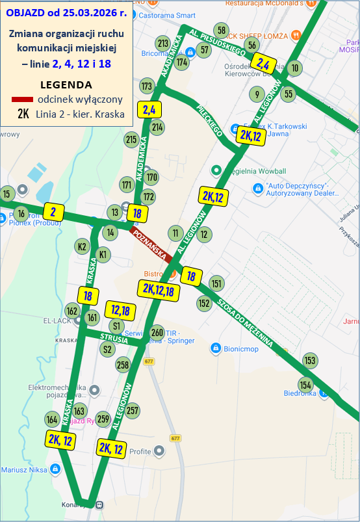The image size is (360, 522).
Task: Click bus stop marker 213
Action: click(163, 44)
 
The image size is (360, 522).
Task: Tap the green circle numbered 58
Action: click(222, 31)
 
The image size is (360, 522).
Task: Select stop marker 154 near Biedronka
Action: click(305, 384)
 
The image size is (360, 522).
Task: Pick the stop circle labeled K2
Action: click(82, 246)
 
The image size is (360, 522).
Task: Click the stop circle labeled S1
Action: click(117, 326)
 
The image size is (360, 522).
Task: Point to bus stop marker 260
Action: click(157, 333)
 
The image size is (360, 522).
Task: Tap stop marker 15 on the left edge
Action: click(7, 194)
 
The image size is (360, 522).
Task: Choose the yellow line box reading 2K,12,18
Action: click(156, 289)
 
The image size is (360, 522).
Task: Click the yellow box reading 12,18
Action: click(121, 311)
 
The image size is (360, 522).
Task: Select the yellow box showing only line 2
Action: click(53, 211)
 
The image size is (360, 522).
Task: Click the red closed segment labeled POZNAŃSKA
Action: click(151, 243)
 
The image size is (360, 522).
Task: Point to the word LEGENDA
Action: click(66, 85)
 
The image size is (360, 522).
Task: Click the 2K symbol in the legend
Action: click(23, 114)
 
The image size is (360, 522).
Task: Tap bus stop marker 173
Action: click(146, 86)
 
